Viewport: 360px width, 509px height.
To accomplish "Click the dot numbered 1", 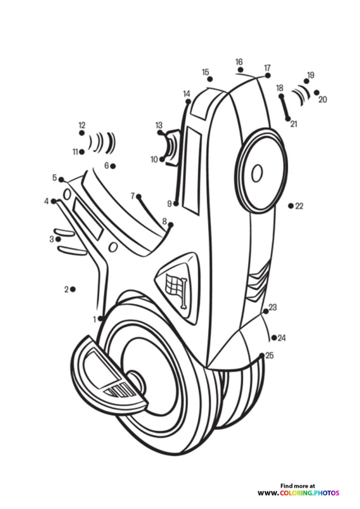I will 101,318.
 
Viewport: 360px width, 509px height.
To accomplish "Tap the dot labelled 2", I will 73,289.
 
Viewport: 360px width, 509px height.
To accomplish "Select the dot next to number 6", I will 113,166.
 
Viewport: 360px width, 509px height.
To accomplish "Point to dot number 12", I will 82,133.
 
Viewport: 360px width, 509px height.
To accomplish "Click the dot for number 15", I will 210,79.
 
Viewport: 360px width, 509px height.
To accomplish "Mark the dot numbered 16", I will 241,70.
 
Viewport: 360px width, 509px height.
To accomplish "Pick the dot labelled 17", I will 268,76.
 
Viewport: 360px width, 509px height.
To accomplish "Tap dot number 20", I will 316,92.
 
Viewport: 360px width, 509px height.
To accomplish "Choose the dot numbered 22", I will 290,205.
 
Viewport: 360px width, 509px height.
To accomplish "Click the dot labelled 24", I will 274,338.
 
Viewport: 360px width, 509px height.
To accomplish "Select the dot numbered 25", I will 262,355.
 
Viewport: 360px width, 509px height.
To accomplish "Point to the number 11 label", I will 75,151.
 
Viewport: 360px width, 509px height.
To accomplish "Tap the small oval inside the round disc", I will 257,173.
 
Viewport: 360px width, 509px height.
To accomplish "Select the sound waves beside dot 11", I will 102,143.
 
